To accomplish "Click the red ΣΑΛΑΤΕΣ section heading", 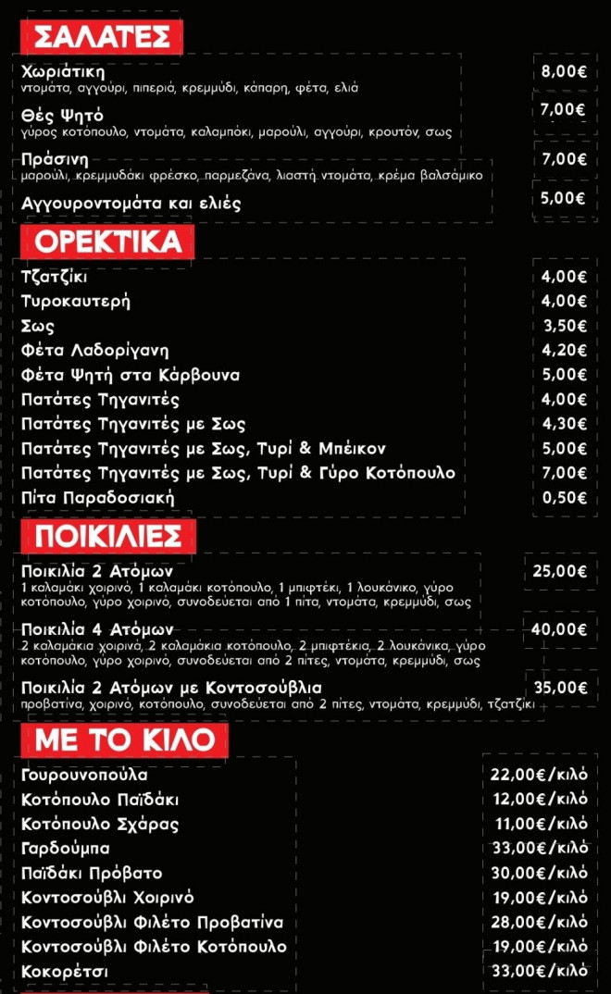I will pyautogui.click(x=101, y=37).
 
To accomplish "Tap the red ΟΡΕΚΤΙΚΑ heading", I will pyautogui.click(x=107, y=242).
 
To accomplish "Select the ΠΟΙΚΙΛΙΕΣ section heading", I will pyautogui.click(x=107, y=536).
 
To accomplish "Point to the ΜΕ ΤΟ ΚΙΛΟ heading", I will pyautogui.click(x=124, y=739).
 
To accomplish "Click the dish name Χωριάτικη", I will pyautogui.click(x=63, y=71).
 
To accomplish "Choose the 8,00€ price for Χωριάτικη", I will pyautogui.click(x=564, y=71).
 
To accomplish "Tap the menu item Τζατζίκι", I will pyautogui.click(x=55, y=277).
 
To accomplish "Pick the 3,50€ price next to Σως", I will pyautogui.click(x=564, y=326).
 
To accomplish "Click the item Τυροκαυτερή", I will pyautogui.click(x=76, y=301).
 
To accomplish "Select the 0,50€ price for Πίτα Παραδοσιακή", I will pyautogui.click(x=564, y=498).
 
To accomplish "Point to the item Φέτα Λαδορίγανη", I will pyautogui.click(x=95, y=351).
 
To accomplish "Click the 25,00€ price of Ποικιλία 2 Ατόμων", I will pyautogui.click(x=560, y=571).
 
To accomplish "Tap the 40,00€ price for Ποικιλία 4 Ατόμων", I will pyautogui.click(x=560, y=629).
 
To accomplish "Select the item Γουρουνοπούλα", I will pyautogui.click(x=84, y=775).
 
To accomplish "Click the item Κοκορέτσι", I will pyautogui.click(x=65, y=971).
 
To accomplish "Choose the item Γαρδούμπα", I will pyautogui.click(x=66, y=848).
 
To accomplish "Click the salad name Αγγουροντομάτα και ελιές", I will pyautogui.click(x=131, y=204).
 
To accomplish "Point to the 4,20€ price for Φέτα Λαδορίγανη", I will pyautogui.click(x=564, y=351).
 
